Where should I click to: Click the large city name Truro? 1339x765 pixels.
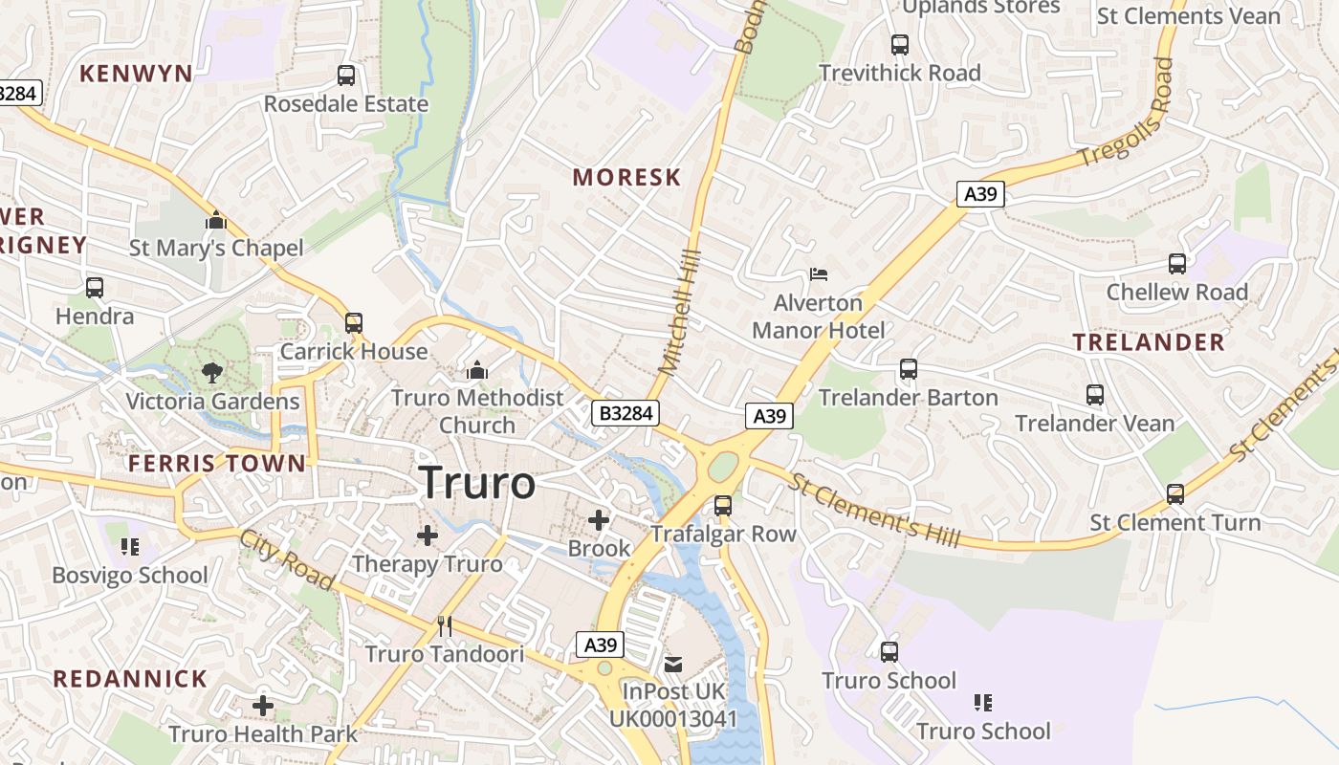477,483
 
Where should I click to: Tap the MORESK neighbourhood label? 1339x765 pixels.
626,177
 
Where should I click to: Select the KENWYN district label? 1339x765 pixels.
136,74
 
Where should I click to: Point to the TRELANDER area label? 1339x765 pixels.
1148,342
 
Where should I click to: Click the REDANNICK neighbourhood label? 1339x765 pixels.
130,679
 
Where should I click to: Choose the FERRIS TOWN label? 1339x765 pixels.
217,464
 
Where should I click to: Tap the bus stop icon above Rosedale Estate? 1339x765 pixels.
346,75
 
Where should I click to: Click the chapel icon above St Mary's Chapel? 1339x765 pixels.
216,221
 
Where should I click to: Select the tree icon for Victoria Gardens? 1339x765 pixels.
212,373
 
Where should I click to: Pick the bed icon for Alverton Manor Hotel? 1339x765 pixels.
818,274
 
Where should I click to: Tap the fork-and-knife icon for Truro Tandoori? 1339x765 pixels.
445,626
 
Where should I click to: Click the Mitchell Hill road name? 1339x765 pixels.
681,312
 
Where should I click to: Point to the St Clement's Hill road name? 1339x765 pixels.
873,508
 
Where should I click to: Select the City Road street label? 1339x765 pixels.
287,558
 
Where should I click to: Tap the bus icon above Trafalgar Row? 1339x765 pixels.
723,505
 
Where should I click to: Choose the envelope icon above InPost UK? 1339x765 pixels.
673,663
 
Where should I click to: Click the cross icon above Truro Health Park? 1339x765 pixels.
263,707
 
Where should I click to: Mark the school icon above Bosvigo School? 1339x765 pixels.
130,547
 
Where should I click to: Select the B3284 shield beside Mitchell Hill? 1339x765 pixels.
626,413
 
